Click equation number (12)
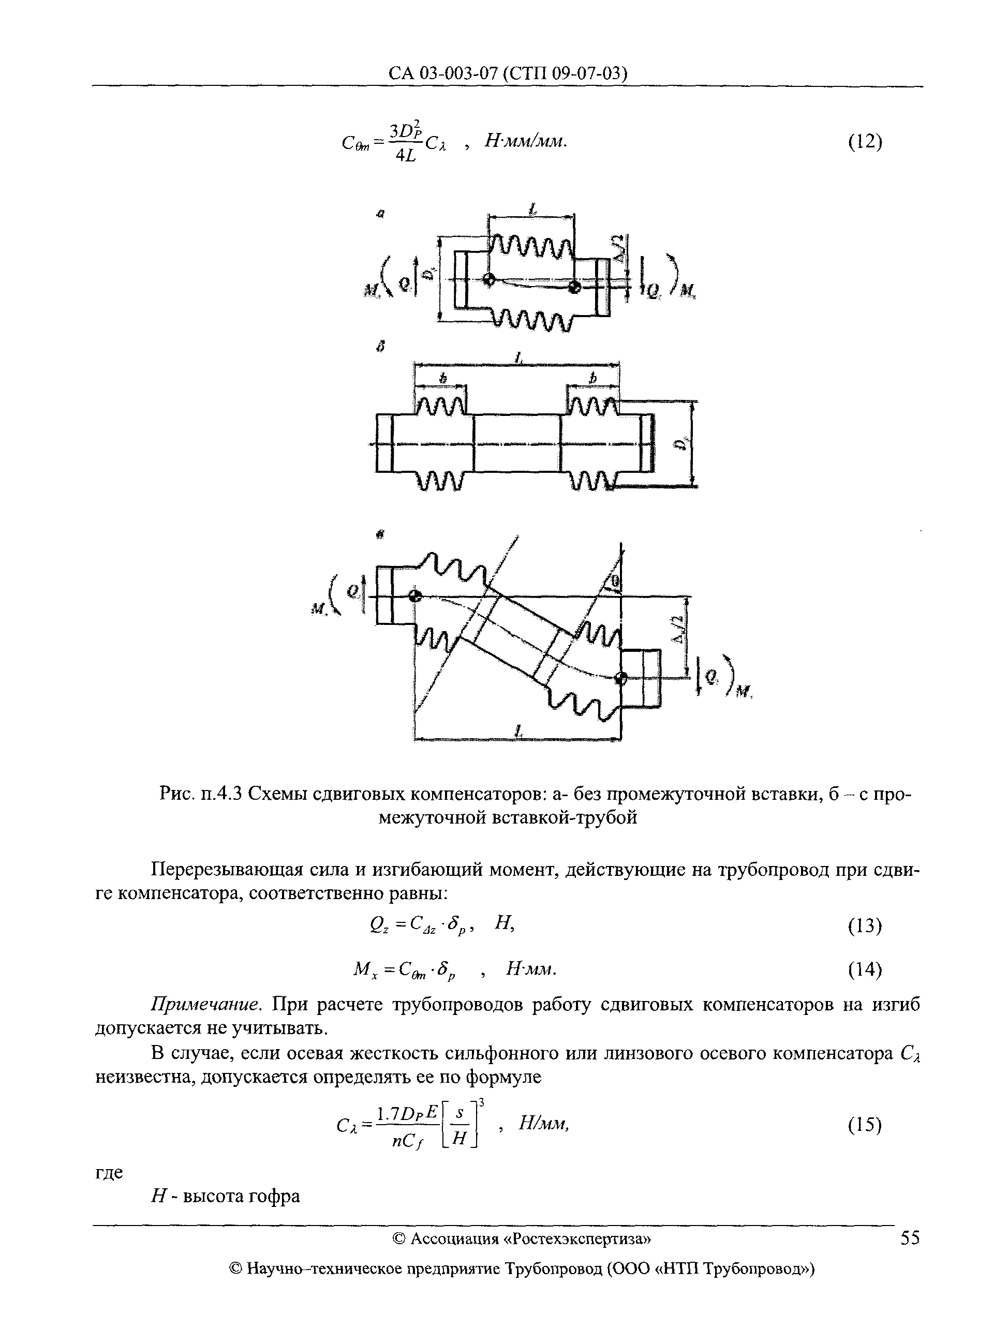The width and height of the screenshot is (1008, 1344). (x=864, y=142)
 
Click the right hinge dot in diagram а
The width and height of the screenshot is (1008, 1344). (x=573, y=287)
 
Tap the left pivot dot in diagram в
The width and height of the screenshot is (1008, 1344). (x=415, y=596)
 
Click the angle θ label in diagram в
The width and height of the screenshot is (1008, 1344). (x=615, y=583)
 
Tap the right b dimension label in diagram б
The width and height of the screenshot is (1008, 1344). (x=593, y=378)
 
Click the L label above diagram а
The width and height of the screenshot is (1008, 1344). (x=532, y=210)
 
